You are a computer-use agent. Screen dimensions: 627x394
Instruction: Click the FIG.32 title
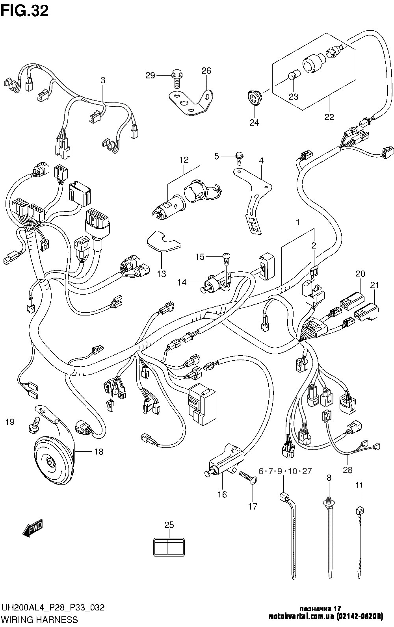tap(24, 11)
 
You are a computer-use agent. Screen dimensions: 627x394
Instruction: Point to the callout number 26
tap(206, 71)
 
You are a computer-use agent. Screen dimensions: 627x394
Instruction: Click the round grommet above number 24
tap(254, 97)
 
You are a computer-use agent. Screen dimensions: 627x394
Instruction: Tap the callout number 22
tap(329, 117)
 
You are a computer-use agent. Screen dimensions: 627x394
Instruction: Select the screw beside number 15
tap(227, 258)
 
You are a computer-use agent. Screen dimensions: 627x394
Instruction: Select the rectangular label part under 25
tap(169, 546)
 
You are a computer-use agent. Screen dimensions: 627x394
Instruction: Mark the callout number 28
tap(348, 470)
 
